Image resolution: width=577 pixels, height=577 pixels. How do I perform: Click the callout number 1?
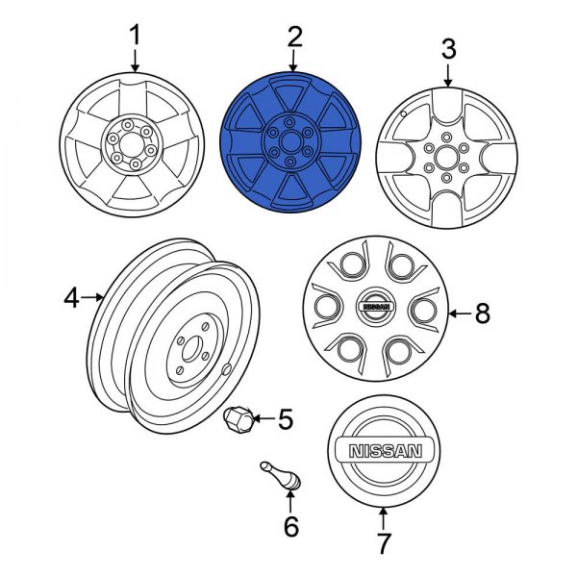tap(135, 36)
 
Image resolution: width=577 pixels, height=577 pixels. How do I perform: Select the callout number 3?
tap(448, 47)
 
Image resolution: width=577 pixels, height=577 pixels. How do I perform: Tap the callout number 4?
tap(72, 299)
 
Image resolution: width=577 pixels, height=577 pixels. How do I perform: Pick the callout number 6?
tap(290, 526)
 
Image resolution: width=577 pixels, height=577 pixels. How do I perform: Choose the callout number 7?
tap(384, 543)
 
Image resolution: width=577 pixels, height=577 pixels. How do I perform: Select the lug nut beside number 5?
tap(238, 419)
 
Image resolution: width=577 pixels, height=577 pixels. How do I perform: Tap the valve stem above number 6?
tap(280, 477)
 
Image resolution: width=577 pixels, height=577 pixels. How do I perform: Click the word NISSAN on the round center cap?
tap(383, 451)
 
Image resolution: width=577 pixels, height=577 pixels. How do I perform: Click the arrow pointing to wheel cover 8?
tap(458, 312)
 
